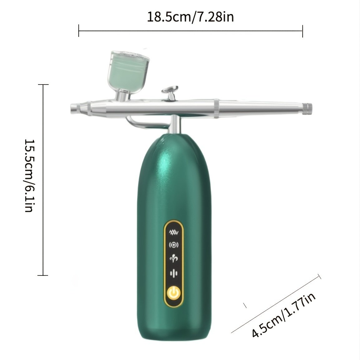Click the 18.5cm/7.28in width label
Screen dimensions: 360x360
pyautogui.click(x=190, y=17)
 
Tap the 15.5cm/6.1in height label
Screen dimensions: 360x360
pyautogui.click(x=29, y=175)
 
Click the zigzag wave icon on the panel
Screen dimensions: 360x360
pyautogui.click(x=173, y=232)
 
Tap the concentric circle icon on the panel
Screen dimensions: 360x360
pyautogui.click(x=173, y=245)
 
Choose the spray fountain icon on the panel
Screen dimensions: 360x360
pyautogui.click(x=173, y=259)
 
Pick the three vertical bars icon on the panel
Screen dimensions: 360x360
pyautogui.click(x=173, y=273)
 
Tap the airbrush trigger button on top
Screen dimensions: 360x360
pyautogui.click(x=170, y=89)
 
